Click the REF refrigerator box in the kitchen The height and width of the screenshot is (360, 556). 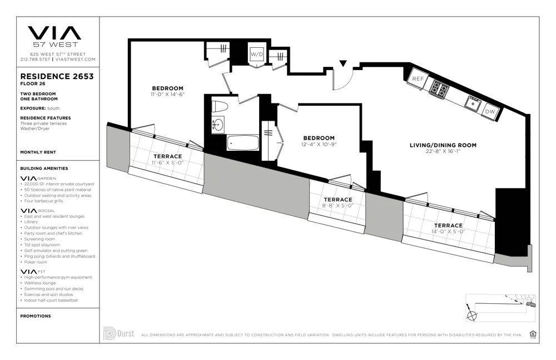(418, 79)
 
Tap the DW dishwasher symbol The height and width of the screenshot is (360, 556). (490, 111)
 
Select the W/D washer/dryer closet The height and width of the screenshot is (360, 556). (256, 55)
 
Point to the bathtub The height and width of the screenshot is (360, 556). (243, 142)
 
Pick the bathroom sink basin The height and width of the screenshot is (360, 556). (217, 125)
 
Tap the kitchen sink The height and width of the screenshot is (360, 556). (473, 102)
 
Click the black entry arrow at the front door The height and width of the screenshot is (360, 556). (343, 65)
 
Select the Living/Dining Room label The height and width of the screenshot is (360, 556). (443, 145)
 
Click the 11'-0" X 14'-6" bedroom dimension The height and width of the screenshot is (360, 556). (167, 95)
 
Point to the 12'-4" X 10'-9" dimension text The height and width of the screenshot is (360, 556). (319, 144)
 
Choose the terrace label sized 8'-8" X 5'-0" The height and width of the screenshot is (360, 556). (337, 200)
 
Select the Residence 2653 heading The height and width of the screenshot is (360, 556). (57, 76)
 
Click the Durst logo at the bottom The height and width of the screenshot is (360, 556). (118, 334)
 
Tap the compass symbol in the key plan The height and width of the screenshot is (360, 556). (473, 315)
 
